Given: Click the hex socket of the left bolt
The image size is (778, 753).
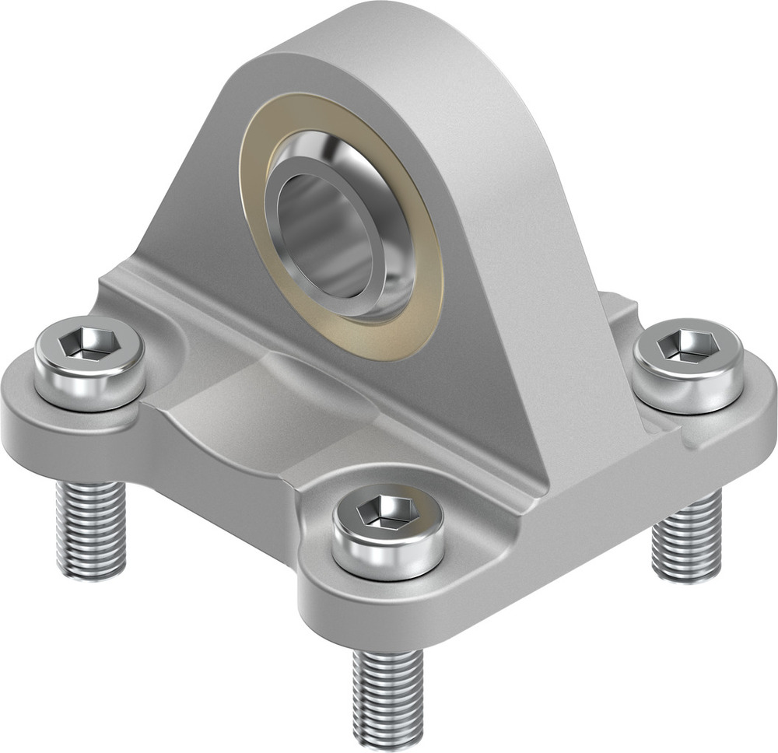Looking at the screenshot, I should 88,343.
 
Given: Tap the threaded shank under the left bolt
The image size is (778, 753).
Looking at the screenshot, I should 91,529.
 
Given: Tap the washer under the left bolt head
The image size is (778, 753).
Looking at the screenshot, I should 89,396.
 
